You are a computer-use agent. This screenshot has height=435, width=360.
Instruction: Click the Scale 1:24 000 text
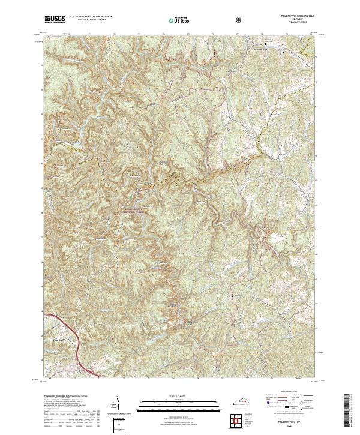pos(172,397)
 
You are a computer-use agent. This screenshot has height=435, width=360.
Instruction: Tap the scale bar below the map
pos(172,406)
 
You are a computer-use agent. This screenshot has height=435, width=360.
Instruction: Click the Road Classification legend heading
pos(286,394)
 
